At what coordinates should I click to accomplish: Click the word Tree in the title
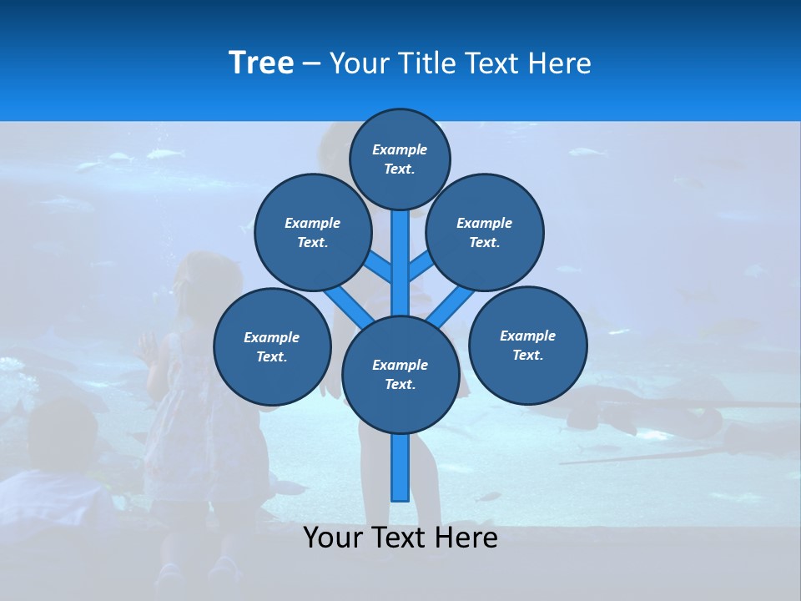point(261,63)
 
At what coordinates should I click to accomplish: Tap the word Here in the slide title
point(560,63)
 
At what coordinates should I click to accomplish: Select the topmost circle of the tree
point(400,159)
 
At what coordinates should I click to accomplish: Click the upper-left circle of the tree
point(313,232)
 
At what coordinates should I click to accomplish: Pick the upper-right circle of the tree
point(485,232)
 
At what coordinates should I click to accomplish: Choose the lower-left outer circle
point(272,346)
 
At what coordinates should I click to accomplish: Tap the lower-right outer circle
point(528,345)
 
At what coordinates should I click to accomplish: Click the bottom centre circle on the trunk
point(400,374)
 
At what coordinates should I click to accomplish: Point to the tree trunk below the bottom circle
point(400,467)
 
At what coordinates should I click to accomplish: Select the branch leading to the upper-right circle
point(419,267)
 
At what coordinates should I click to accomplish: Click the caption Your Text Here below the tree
point(400,538)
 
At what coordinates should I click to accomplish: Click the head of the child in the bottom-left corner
point(63,434)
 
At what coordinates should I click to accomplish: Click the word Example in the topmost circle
point(400,149)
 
